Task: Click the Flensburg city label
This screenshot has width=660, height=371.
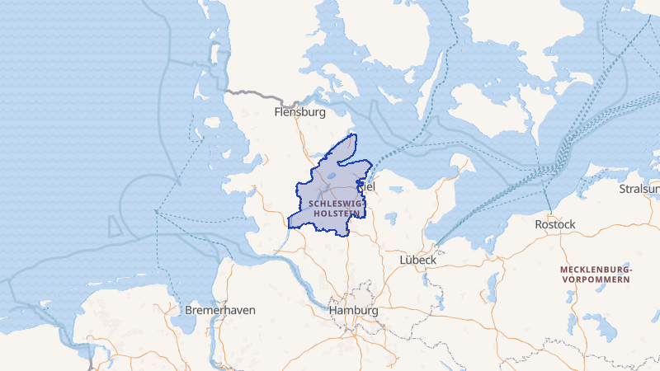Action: pos(299,112)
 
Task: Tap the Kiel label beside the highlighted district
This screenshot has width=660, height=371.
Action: pos(368,188)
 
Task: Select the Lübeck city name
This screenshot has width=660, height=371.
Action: pos(417,259)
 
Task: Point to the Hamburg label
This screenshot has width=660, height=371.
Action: pos(353,311)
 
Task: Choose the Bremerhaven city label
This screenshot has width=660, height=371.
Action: pos(220,310)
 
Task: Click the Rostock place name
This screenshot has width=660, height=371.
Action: pos(555,224)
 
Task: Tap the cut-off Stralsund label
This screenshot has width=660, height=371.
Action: pos(640,190)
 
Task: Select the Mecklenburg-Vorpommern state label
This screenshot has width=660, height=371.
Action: pos(596,275)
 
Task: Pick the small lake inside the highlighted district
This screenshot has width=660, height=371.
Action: pos(331,176)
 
